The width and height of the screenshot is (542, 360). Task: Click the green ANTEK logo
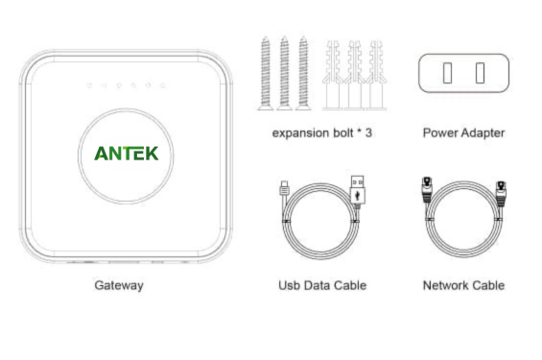(x=127, y=154)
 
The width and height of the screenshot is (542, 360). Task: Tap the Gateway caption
(x=119, y=286)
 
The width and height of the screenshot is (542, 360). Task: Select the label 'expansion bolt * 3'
(x=322, y=133)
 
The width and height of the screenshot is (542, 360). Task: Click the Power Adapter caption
(x=464, y=133)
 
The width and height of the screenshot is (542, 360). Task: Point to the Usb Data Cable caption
(x=322, y=285)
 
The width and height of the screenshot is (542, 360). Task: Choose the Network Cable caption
(x=464, y=285)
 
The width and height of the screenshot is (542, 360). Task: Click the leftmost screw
(x=266, y=73)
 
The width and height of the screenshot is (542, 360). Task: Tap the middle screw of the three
(x=285, y=73)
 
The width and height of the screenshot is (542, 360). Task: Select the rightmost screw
(x=303, y=73)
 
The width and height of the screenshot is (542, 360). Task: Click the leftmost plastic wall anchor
(x=333, y=76)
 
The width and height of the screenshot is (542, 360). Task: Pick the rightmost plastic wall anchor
(x=376, y=76)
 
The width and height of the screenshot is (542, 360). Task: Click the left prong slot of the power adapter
(x=447, y=73)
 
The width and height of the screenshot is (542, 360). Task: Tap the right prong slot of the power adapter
(x=480, y=73)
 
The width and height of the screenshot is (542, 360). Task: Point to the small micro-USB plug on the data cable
(x=284, y=188)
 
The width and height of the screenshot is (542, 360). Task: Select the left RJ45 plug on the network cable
(x=427, y=189)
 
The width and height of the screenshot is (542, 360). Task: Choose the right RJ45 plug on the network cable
(x=501, y=193)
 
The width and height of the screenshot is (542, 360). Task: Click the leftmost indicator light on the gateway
(x=89, y=85)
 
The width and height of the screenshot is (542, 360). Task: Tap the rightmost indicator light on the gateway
(x=162, y=85)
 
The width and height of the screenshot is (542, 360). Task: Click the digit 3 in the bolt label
(x=368, y=132)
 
